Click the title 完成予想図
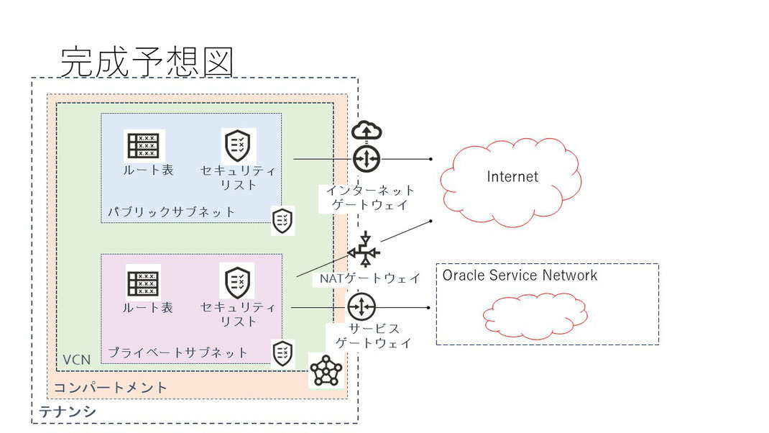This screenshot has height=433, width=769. [x=147, y=62]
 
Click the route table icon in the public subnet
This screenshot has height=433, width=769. [x=143, y=146]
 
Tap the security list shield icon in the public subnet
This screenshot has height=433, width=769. [x=237, y=146]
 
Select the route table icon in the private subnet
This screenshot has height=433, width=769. [x=143, y=283]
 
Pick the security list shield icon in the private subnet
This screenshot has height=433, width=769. [x=237, y=282]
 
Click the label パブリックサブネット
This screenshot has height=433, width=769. [x=171, y=212]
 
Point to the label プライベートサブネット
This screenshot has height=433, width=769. [x=178, y=352]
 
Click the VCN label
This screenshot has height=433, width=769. [x=76, y=360]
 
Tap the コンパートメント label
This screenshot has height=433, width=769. [x=111, y=388]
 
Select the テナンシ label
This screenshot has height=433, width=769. [x=67, y=411]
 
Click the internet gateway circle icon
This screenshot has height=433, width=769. [x=367, y=158]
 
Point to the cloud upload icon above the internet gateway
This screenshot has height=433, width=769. [x=367, y=130]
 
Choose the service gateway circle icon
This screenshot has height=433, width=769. [x=362, y=307]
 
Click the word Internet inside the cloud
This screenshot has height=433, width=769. [x=512, y=177]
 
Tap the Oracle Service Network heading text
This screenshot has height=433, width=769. [x=520, y=275]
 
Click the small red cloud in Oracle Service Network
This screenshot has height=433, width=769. [x=535, y=316]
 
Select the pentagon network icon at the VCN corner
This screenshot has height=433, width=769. [x=326, y=370]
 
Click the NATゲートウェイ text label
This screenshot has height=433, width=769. [x=370, y=279]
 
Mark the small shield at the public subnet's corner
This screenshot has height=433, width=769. [x=282, y=221]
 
